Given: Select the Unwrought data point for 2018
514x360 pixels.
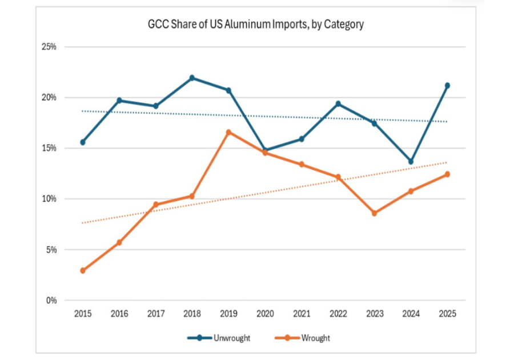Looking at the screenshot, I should pyautogui.click(x=192, y=78).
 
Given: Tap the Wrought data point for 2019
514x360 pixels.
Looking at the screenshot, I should pyautogui.click(x=228, y=133).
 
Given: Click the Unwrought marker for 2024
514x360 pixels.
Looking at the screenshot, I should pyautogui.click(x=411, y=162).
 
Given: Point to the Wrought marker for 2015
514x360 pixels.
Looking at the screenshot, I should pyautogui.click(x=83, y=270).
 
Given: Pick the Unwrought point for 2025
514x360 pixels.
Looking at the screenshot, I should pyautogui.click(x=447, y=86).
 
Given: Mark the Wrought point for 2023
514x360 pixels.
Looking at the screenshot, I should pyautogui.click(x=374, y=213).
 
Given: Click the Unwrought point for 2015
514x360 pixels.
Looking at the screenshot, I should pyautogui.click(x=83, y=142).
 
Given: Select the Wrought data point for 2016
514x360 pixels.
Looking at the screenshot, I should pyautogui.click(x=119, y=242).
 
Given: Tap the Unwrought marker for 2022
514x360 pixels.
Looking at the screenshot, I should pyautogui.click(x=338, y=103).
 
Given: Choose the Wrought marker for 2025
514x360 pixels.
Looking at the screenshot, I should pyautogui.click(x=447, y=174).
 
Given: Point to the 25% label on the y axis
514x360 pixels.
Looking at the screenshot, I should pyautogui.click(x=49, y=47).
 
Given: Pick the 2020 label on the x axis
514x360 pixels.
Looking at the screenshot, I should pyautogui.click(x=265, y=313).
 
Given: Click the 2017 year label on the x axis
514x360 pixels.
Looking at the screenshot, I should pyautogui.click(x=156, y=313).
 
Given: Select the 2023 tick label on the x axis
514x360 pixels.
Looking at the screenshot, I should pyautogui.click(x=374, y=313).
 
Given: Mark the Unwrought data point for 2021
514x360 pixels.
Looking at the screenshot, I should pyautogui.click(x=302, y=139).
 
